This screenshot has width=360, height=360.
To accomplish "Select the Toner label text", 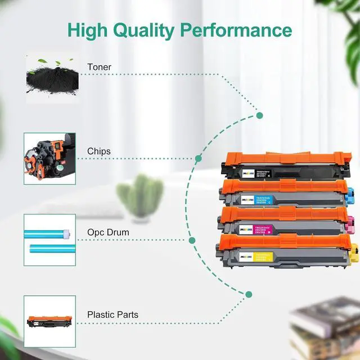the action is [99, 67].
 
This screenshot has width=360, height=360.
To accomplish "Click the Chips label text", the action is [98, 151].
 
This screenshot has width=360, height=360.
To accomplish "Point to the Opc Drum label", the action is [107, 232].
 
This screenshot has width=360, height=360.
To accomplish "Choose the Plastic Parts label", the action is [112, 315].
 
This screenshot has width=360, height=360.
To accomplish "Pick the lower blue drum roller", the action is [51, 248].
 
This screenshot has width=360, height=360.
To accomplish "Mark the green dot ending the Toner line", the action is [259, 115].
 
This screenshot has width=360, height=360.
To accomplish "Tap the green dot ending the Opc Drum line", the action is [192, 240].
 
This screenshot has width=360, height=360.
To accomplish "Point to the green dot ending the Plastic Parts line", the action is [249, 309].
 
